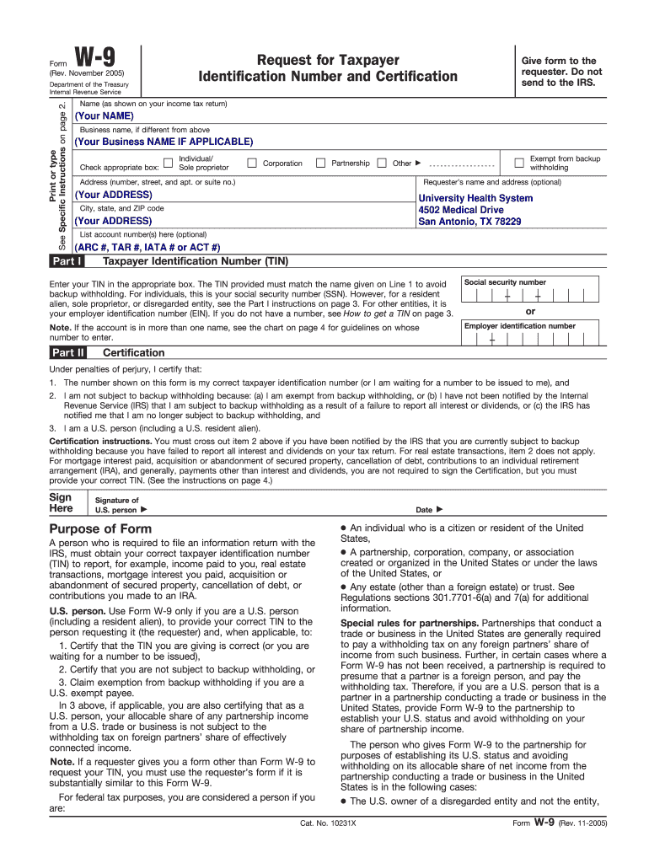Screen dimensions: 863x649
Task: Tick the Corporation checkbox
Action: point(251,163)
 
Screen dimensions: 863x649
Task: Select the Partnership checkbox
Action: point(320,163)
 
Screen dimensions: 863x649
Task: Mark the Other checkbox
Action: point(382,163)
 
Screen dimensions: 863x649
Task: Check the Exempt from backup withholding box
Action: point(518,163)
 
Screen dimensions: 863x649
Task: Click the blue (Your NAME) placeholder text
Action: point(105,115)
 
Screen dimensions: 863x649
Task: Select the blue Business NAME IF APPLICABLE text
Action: point(164,142)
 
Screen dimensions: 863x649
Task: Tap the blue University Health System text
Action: point(475,199)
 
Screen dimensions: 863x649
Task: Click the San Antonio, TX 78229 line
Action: point(469,222)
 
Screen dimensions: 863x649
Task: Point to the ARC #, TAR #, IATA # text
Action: point(147,248)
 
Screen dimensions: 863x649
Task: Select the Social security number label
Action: point(505,282)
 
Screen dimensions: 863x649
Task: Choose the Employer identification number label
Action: point(519,325)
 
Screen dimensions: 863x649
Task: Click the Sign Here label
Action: point(61,502)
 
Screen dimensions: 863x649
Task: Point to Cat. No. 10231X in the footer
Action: point(328,846)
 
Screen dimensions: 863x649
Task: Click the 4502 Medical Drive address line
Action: point(461,210)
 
